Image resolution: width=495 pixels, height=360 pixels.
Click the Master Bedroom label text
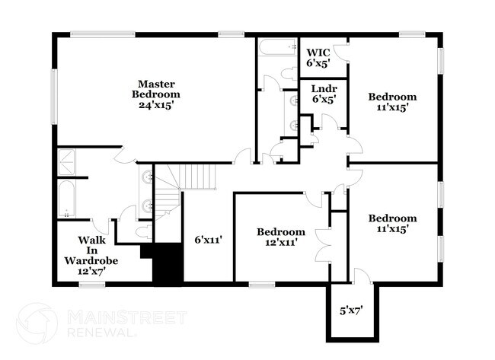pyautogui.click(x=156, y=94)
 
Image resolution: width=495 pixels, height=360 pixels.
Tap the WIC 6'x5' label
pyautogui.click(x=318, y=59)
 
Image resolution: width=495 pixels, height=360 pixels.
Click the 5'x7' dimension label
pyautogui.click(x=351, y=310)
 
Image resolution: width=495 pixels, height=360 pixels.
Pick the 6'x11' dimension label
pyautogui.click(x=208, y=239)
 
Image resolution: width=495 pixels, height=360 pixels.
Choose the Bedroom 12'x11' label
pyautogui.click(x=280, y=237)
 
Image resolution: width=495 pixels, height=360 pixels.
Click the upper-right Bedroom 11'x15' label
pyautogui.click(x=392, y=102)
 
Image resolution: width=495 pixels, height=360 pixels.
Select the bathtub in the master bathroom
pyautogui.click(x=67, y=200)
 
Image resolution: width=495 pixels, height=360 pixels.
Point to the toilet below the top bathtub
pyautogui.click(x=289, y=73)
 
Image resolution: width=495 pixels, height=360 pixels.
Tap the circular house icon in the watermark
pyautogui.click(x=37, y=323)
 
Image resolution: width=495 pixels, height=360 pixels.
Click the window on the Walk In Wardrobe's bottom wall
pyautogui.click(x=91, y=285)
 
